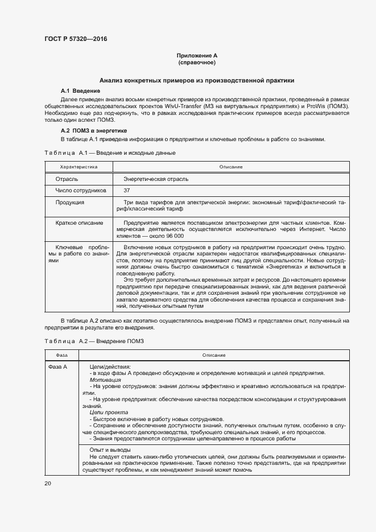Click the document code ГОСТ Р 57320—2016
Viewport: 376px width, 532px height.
point(76,39)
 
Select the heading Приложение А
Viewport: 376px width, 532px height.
point(197,56)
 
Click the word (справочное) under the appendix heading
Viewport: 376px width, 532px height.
point(197,63)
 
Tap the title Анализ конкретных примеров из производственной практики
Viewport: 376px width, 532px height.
point(197,81)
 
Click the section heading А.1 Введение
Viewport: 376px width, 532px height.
point(80,91)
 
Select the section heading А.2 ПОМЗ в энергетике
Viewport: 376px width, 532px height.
point(93,131)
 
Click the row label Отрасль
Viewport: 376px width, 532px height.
point(67,179)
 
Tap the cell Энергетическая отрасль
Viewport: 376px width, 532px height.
point(156,179)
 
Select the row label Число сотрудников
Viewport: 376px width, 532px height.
point(80,190)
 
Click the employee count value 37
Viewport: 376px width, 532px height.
point(126,190)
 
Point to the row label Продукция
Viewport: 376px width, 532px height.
point(70,202)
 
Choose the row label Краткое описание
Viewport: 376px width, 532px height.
point(79,222)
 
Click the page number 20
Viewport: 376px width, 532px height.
point(48,483)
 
